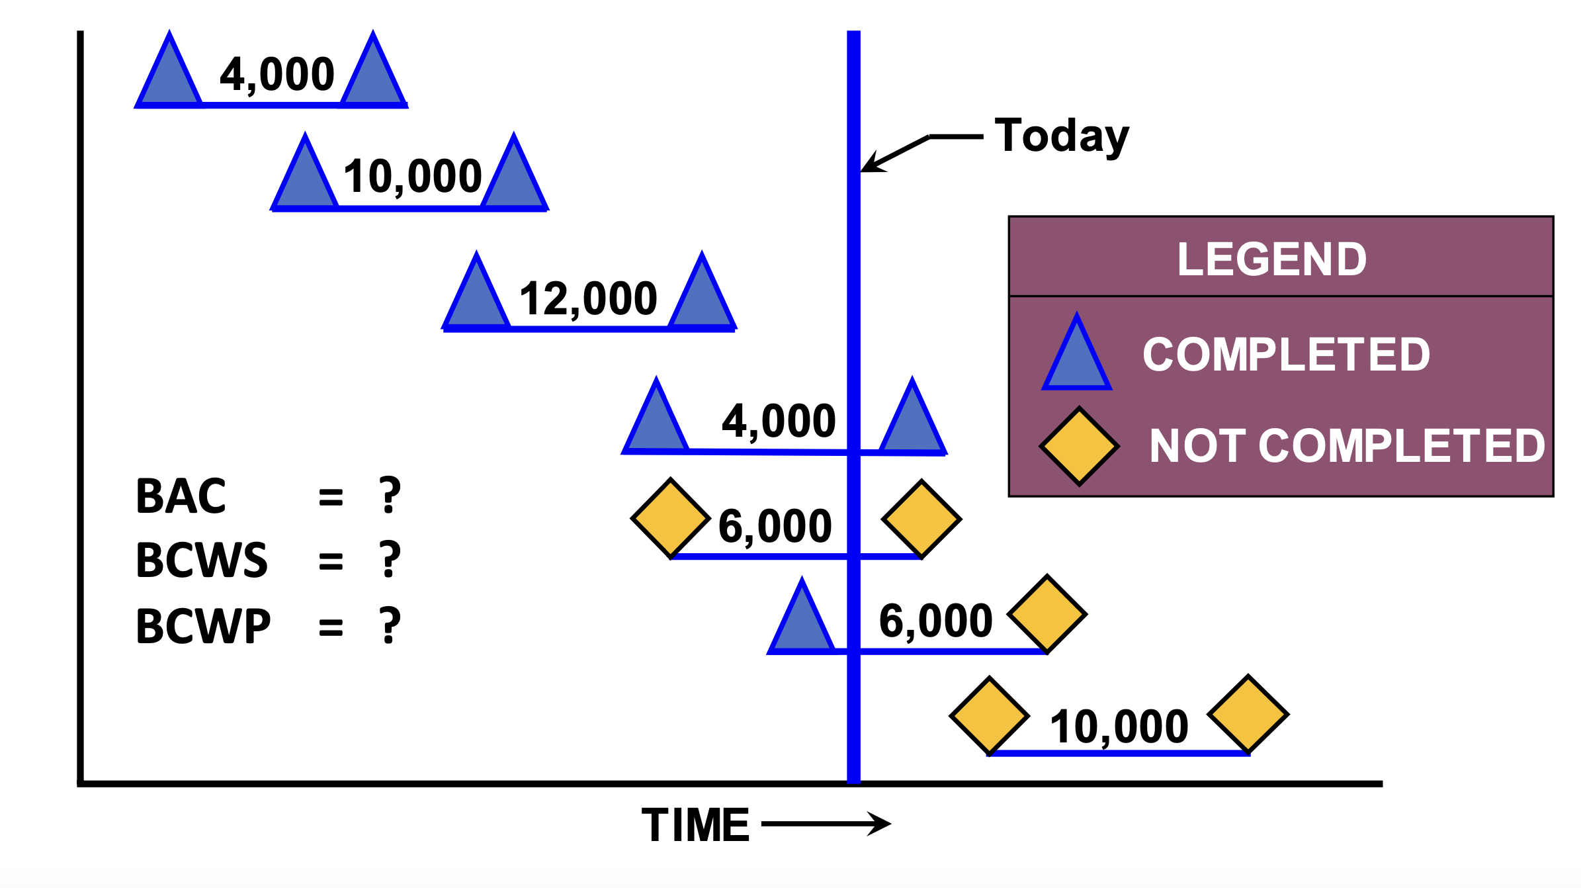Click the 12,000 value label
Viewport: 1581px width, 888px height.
pyautogui.click(x=588, y=299)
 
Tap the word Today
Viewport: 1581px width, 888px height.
pyautogui.click(x=1062, y=136)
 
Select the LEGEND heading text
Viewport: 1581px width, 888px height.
pyautogui.click(x=1271, y=259)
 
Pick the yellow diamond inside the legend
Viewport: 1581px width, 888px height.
pyautogui.click(x=1079, y=447)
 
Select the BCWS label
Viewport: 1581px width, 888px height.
pyautogui.click(x=201, y=560)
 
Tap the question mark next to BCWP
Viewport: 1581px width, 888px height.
pyautogui.click(x=390, y=625)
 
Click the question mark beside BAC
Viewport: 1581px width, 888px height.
pyautogui.click(x=390, y=496)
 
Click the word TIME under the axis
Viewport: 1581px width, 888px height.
pyautogui.click(x=695, y=825)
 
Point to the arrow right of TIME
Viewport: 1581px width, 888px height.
pyautogui.click(x=827, y=824)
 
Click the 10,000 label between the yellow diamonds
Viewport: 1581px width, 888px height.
pyautogui.click(x=1119, y=727)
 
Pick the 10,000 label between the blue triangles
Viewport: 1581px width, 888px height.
pyautogui.click(x=412, y=177)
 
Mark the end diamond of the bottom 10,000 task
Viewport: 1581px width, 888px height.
pyautogui.click(x=1248, y=715)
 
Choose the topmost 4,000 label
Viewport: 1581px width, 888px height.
pyautogui.click(x=277, y=74)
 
